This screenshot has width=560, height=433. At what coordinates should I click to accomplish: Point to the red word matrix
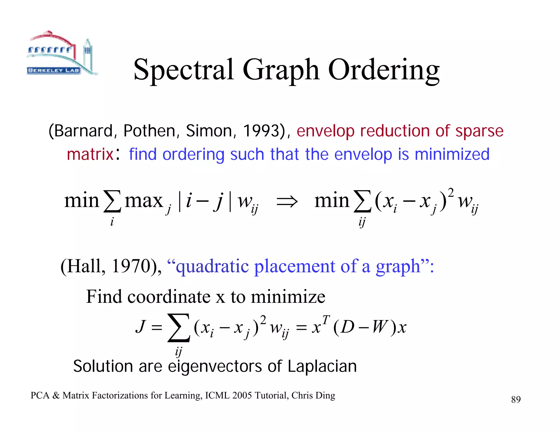pos(90,154)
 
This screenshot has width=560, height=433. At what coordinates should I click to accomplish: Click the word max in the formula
pos(144,201)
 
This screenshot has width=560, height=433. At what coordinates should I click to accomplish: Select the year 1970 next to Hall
pos(130,266)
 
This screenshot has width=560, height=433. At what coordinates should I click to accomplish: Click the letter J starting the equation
pos(140,327)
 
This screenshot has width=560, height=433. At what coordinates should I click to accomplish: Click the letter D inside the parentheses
pos(348,327)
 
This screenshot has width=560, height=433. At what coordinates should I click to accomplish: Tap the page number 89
pos(516,400)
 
